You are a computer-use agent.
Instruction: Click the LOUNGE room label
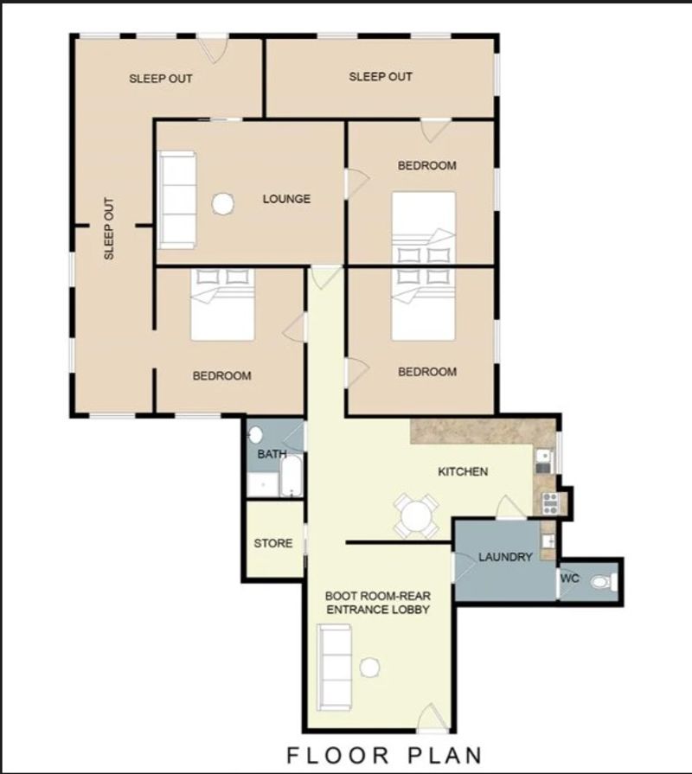click(x=286, y=199)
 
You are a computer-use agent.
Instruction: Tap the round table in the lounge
click(x=222, y=203)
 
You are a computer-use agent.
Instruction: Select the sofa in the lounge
click(x=177, y=200)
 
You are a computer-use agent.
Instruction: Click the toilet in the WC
click(x=604, y=583)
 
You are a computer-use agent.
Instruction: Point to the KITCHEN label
click(x=463, y=472)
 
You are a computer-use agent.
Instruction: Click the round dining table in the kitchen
click(x=416, y=515)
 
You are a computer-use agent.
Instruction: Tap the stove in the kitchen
click(x=550, y=503)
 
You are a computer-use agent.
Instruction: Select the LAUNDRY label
click(x=505, y=557)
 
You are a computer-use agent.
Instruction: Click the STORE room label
click(x=273, y=543)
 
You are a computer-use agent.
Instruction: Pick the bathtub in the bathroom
click(x=292, y=476)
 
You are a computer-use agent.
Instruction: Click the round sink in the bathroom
click(x=255, y=435)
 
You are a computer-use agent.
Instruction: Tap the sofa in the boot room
click(x=334, y=667)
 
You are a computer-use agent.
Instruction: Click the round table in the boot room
click(x=369, y=668)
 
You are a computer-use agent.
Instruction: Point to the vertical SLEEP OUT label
click(x=109, y=228)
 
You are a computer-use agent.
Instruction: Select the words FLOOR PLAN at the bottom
click(x=385, y=755)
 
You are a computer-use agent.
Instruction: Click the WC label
click(x=569, y=578)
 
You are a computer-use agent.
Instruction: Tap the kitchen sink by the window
click(x=543, y=461)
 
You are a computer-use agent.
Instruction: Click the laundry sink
click(x=548, y=541)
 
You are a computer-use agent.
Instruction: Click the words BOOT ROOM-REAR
click(x=378, y=596)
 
